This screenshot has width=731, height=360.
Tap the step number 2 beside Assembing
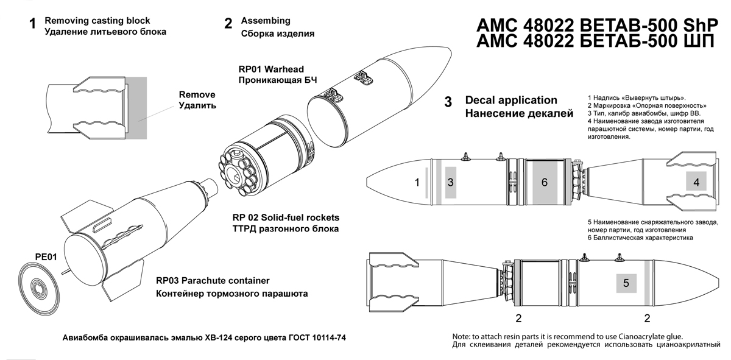pyautogui.click(x=228, y=23)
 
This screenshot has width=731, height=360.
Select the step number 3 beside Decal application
pyautogui.click(x=448, y=102)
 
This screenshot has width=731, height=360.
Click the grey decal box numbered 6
pyautogui.click(x=544, y=182)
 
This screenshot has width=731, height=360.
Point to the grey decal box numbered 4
pyautogui.click(x=695, y=181)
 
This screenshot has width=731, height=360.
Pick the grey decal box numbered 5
pyautogui.click(x=626, y=283)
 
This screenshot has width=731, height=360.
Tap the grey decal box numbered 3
pyautogui.click(x=450, y=182)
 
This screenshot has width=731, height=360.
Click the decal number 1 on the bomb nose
pyautogui.click(x=417, y=182)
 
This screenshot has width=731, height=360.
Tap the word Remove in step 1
pyautogui.click(x=197, y=95)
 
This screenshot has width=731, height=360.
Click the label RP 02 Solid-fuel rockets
pyautogui.click(x=285, y=217)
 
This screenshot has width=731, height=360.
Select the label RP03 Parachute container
pyautogui.click(x=213, y=281)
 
